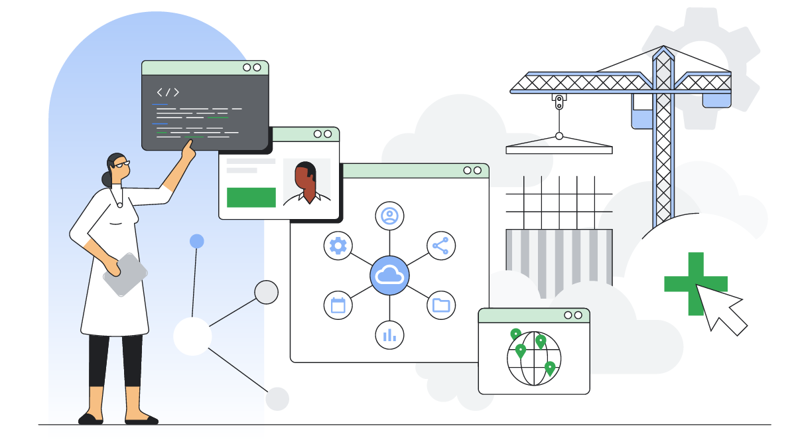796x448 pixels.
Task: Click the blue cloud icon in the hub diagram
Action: point(389,275)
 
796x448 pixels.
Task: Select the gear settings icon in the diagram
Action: point(338,246)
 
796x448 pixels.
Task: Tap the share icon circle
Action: point(440,246)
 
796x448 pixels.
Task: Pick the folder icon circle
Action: point(440,305)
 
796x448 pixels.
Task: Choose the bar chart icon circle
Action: point(389,335)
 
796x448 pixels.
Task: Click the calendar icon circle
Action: point(338,305)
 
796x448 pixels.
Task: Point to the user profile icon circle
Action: point(389,216)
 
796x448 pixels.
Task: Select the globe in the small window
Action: point(534,358)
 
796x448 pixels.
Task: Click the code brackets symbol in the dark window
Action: point(168,92)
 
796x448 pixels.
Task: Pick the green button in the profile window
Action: point(251,197)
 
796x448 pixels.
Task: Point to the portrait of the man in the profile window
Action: point(306,183)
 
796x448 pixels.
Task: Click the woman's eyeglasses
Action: point(123,163)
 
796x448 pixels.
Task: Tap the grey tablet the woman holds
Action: point(125,274)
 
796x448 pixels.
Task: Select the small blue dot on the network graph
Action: point(197,241)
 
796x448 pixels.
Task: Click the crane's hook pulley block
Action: point(559,102)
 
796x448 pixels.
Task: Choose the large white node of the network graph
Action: point(192,336)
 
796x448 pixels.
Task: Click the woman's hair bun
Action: point(106,178)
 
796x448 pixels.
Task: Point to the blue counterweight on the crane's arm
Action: point(716,100)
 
